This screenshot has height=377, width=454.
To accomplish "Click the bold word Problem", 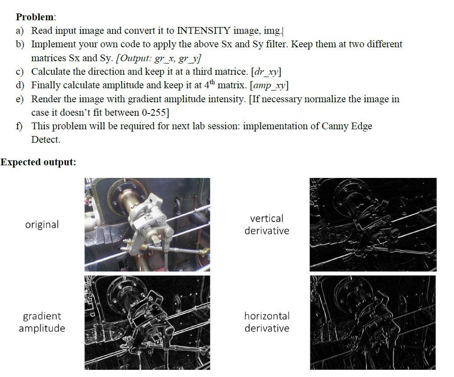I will click(x=35, y=17).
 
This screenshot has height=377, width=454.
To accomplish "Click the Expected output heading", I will click(x=38, y=162).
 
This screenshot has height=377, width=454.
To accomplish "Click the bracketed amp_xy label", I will click(x=269, y=85).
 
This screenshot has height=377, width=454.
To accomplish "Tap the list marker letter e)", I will click(x=20, y=99).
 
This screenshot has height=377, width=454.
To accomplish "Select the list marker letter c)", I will click(x=20, y=72).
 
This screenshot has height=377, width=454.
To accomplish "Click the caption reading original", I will click(x=42, y=224).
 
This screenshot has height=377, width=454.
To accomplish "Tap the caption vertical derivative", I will click(x=267, y=224).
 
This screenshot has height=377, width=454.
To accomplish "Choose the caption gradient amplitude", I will click(x=42, y=322).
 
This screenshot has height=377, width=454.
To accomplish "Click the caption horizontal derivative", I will click(x=267, y=322).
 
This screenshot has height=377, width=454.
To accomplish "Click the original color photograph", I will click(x=147, y=224).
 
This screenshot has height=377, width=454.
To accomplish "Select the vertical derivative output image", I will click(x=373, y=224).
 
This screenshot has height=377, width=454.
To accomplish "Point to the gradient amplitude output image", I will click(x=147, y=322).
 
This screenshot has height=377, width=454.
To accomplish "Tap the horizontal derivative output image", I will click(x=373, y=322).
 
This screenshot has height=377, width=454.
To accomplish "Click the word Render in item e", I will click(x=46, y=99).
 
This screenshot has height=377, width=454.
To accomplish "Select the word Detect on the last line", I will click(x=46, y=140).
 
